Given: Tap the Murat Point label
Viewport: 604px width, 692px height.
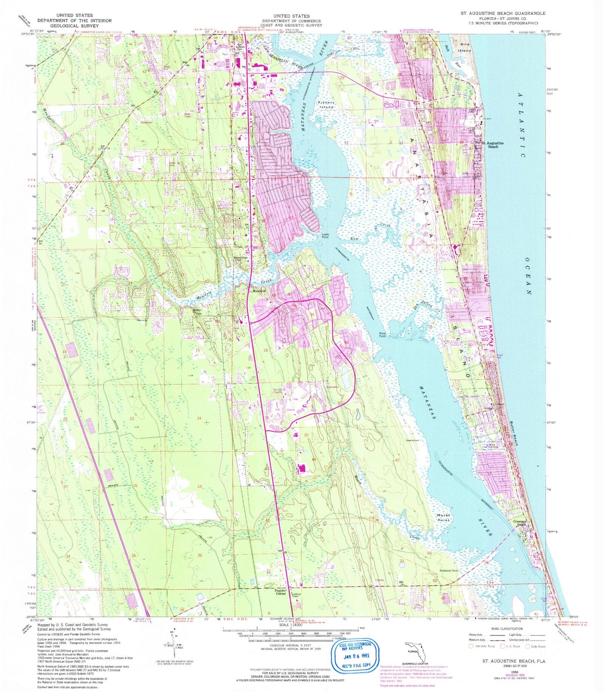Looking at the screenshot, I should (x=443, y=518).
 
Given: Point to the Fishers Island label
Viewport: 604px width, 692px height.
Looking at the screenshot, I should (x=326, y=104).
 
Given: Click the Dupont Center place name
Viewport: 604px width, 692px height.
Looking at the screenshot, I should (x=280, y=592).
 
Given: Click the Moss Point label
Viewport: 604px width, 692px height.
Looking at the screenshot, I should (x=382, y=335).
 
